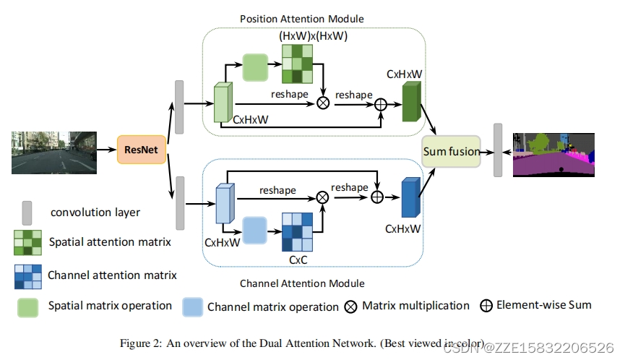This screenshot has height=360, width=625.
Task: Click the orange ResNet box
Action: click(142, 150)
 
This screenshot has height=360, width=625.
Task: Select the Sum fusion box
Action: click(452, 151)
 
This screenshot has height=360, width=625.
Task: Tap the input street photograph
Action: click(54, 152)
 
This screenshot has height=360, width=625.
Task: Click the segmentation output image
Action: click(553, 155)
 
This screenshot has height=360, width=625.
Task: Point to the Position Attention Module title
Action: click(301, 19)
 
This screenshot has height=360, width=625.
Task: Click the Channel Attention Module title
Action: click(302, 283)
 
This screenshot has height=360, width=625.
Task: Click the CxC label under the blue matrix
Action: click(299, 258)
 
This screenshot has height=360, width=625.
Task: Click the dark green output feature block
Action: click(411, 102)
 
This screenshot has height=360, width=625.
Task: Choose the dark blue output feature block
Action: click(410, 198)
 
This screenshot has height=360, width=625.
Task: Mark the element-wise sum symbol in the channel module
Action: click(377, 196)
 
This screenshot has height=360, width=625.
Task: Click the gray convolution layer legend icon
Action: click(27, 213)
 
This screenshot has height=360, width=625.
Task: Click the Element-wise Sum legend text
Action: click(544, 305)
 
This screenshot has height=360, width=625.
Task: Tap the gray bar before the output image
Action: click(497, 150)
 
